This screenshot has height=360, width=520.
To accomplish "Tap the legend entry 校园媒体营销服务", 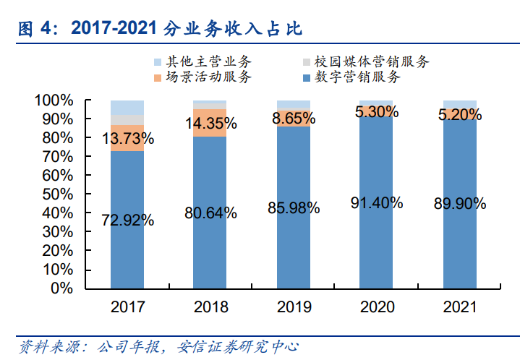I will (x=370, y=62).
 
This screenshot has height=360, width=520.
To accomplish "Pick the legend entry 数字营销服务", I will (x=358, y=77).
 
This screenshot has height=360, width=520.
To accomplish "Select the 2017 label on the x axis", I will (x=127, y=307).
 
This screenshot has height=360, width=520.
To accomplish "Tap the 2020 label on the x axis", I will (x=377, y=307).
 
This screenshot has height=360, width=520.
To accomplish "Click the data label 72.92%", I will (x=127, y=220).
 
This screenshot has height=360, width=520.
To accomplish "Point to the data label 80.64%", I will (x=210, y=213).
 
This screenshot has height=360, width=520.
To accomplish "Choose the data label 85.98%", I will (x=294, y=208).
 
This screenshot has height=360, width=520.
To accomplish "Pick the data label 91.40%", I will (x=377, y=203).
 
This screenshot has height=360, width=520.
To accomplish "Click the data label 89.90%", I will (x=460, y=205).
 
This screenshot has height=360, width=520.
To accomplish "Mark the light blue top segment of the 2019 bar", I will (x=294, y=104).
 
